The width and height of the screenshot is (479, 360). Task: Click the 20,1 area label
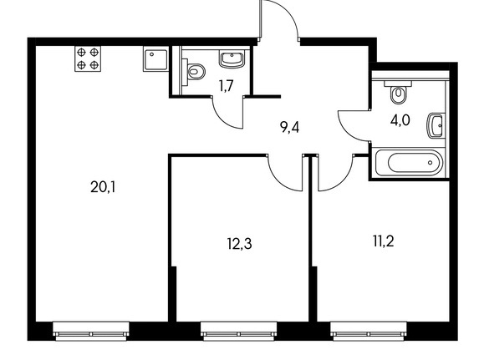pos(103,187)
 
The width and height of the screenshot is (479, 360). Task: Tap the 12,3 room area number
pos(239,244)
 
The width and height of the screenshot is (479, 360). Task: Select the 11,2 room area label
pos(384,241)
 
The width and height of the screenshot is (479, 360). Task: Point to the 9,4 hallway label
pos(289,127)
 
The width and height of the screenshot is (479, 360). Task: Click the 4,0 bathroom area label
pos(400,120)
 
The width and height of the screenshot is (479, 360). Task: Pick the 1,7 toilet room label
pos(226,86)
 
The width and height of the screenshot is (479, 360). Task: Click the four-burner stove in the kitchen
pos(88,59)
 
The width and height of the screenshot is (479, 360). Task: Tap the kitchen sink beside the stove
pos(155,59)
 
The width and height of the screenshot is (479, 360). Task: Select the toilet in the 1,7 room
pos(193,72)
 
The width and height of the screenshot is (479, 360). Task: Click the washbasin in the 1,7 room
pos(232,59)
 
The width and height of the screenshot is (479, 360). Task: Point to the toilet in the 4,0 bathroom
pos(399,92)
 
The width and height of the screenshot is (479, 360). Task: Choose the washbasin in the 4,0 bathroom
pos(436,125)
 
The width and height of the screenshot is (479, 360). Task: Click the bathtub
pos(409,162)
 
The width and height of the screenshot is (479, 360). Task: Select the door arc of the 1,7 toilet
pos(222,119)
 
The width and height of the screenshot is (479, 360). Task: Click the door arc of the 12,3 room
pos(278,180)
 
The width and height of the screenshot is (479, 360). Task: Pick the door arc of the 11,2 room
pos(343,180)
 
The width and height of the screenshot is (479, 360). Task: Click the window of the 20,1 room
pos(91,331)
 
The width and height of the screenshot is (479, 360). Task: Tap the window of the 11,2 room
pos(368,331)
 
